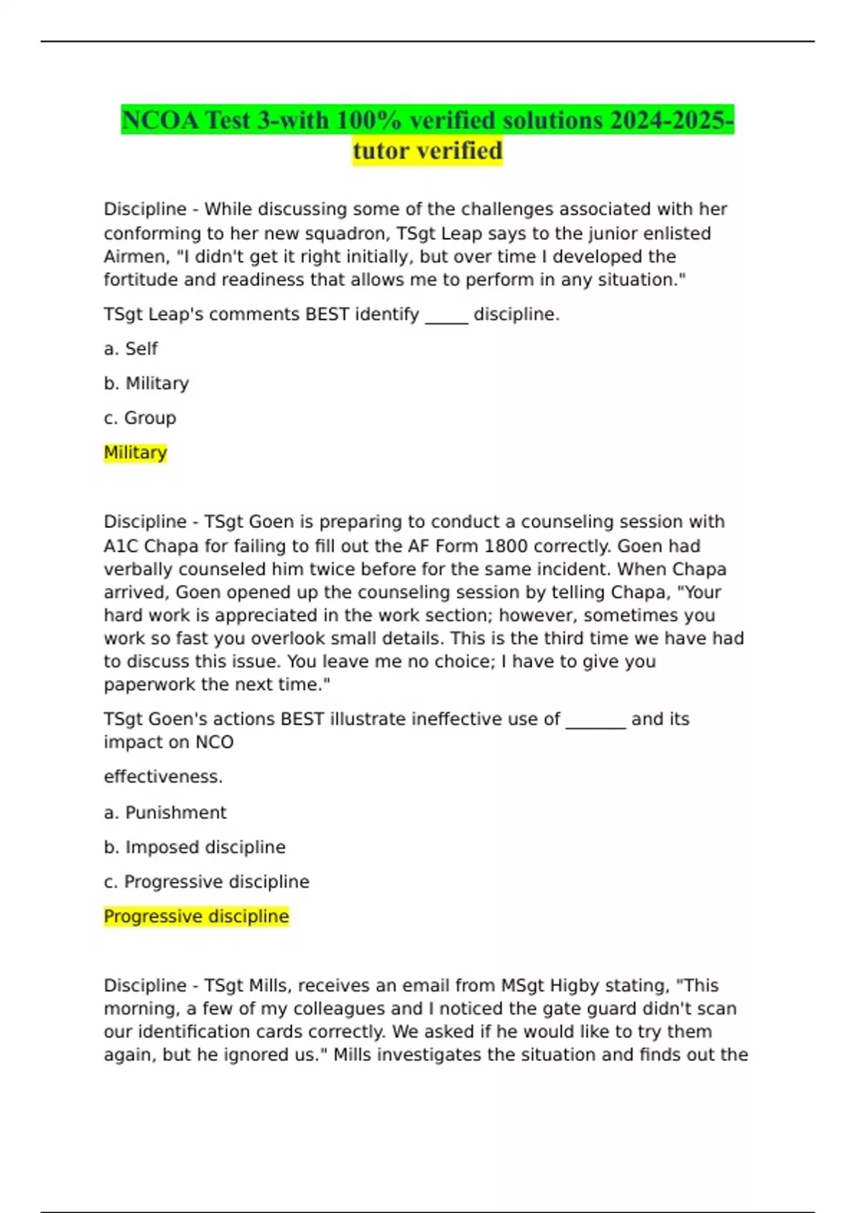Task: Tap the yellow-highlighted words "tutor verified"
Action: click(427, 151)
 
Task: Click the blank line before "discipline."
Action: click(447, 315)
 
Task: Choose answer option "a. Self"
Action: click(131, 349)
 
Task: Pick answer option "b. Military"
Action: click(146, 383)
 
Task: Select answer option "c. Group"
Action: click(140, 418)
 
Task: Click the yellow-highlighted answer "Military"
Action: click(136, 452)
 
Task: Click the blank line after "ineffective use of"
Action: click(596, 719)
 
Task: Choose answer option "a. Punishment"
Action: click(165, 813)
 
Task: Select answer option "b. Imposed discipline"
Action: click(194, 847)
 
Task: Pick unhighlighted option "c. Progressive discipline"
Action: click(206, 882)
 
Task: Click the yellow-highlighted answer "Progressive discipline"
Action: click(196, 916)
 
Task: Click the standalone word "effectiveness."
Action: click(163, 776)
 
